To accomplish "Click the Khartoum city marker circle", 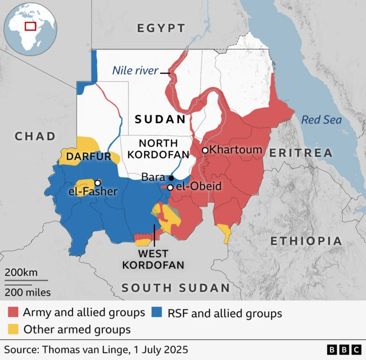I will [x=205, y=150].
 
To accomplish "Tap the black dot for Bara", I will [x=171, y=178].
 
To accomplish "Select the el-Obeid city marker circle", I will [x=170, y=187].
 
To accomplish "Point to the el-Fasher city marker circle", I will [x=98, y=183].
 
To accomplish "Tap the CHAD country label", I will [x=35, y=136].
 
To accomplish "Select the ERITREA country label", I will [x=301, y=153].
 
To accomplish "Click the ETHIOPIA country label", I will [x=307, y=241].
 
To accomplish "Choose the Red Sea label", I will [x=321, y=120].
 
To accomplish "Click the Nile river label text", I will [x=134, y=71].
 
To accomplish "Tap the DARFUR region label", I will [x=88, y=156].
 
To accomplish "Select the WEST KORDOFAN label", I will [x=153, y=259].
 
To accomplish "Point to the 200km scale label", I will [x=22, y=272].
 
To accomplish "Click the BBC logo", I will [x=344, y=349].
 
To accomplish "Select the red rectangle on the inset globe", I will [x=30, y=26].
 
